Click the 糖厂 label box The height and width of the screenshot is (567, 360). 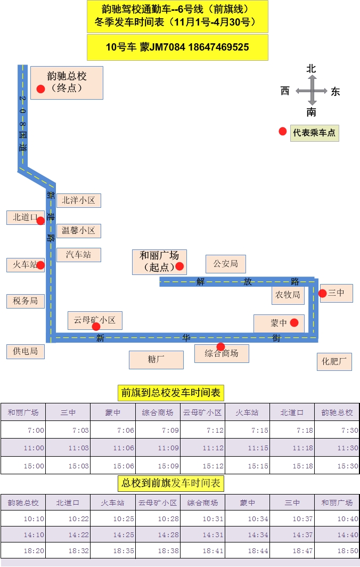pos(156,360)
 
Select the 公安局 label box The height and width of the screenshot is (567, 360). pos(225,263)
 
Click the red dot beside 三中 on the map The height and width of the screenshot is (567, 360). pos(322,293)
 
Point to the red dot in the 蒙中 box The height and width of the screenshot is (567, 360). pos(294,322)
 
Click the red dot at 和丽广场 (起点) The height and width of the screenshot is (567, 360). pos(179,266)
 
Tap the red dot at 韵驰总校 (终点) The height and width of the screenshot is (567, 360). pos(40,89)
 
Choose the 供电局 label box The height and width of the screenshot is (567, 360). pos(26,351)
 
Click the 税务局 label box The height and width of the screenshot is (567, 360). pos(26,301)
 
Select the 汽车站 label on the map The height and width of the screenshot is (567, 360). pos(78,255)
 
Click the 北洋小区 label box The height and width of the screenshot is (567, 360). pos(78,200)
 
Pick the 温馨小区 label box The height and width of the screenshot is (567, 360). pos(78,231)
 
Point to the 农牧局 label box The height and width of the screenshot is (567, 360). pos(288,295)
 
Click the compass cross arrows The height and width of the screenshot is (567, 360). pos(312,92)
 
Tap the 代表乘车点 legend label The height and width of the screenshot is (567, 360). pos(314,133)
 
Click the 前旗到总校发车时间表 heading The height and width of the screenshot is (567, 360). pos(170,393)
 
